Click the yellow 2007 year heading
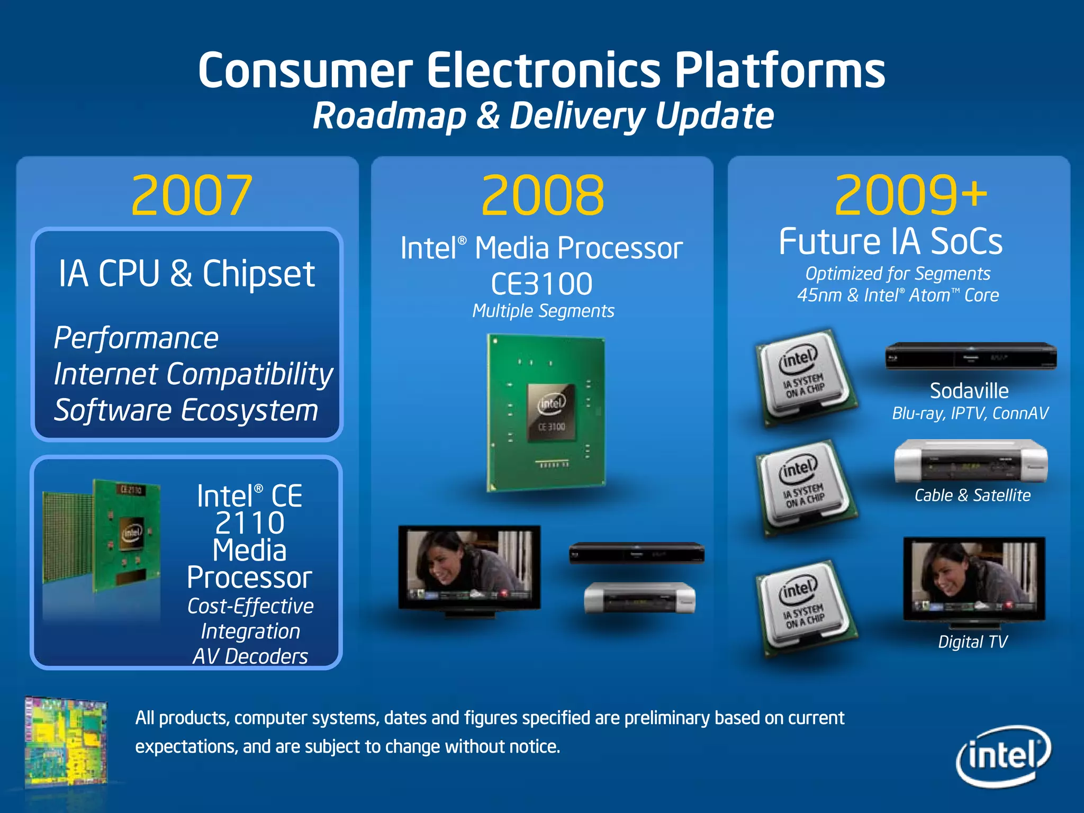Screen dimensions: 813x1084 (x=192, y=196)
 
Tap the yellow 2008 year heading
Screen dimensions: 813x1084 (x=543, y=196)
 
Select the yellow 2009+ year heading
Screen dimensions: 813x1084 (x=910, y=196)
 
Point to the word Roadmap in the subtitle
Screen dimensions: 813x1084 (x=389, y=116)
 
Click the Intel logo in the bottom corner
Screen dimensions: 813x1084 (x=1004, y=756)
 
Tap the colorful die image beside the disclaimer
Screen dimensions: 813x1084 (x=66, y=741)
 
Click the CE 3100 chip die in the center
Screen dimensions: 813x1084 (x=552, y=413)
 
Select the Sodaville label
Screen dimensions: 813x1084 (x=969, y=391)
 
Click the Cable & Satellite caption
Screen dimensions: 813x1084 (x=972, y=495)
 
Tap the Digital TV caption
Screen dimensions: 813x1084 (x=972, y=642)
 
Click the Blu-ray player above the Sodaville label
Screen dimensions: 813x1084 (x=971, y=356)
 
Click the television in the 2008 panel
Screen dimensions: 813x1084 (x=469, y=569)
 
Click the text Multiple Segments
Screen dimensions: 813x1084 (x=543, y=311)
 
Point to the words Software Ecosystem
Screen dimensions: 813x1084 (x=186, y=411)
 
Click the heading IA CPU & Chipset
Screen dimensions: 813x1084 (x=186, y=274)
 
